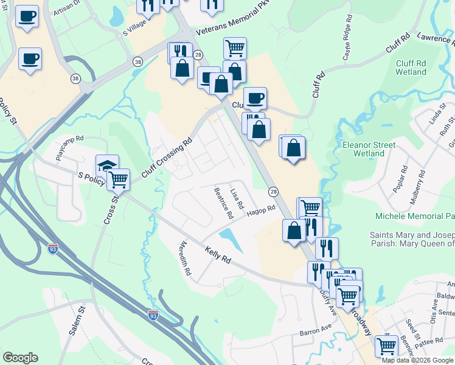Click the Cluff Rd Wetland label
[411, 67]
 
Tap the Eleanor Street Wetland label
[369, 149]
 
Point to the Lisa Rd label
[237, 196]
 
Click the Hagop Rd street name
[262, 210]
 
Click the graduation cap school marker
[107, 165]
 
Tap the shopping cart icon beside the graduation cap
[118, 179]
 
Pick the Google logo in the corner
[20, 358]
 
